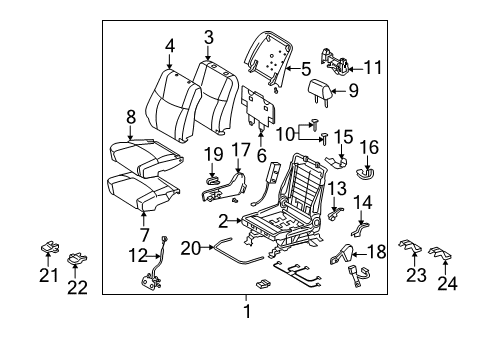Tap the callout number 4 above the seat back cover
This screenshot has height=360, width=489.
(x=170, y=44)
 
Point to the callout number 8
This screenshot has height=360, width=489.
(x=130, y=117)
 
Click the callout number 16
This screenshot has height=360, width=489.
(x=369, y=146)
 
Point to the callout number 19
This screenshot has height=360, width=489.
(x=213, y=153)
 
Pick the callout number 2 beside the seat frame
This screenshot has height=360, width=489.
(x=225, y=219)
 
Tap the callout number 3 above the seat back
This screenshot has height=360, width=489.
(x=208, y=37)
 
